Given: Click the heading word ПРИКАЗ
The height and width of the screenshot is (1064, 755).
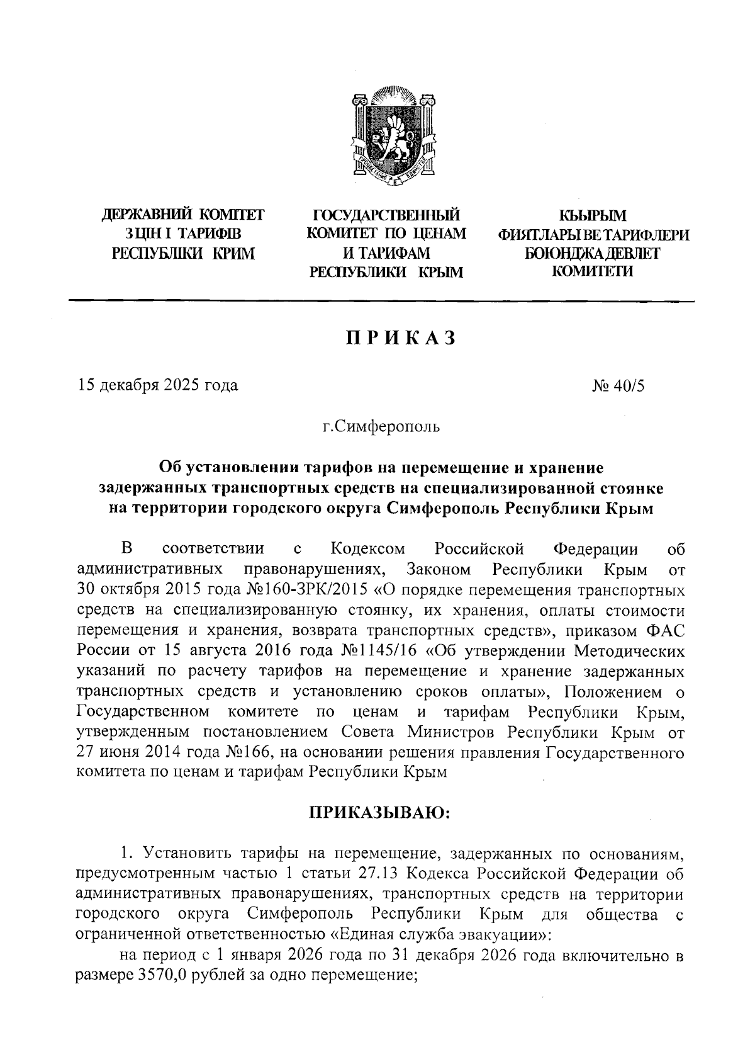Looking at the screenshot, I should [400, 338].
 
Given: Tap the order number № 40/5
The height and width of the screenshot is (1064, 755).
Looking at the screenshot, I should [618, 385].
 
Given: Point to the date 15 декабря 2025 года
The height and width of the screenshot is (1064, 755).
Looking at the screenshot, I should [157, 385].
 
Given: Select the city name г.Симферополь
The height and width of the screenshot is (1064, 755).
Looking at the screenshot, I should [382, 427].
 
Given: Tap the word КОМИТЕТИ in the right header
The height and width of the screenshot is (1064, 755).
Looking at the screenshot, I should [593, 271].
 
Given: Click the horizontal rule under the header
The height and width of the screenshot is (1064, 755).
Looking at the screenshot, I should [381, 302].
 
